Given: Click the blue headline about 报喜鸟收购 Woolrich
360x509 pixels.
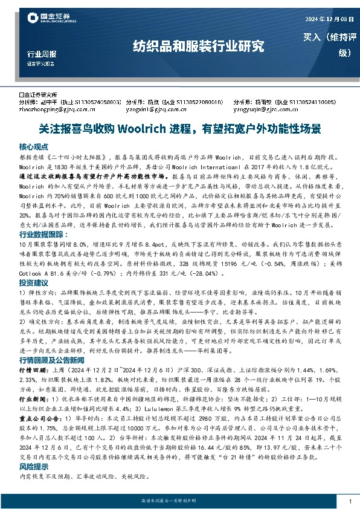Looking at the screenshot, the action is [180, 129].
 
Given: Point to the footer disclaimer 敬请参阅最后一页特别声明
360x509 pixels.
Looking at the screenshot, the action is [180, 502].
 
